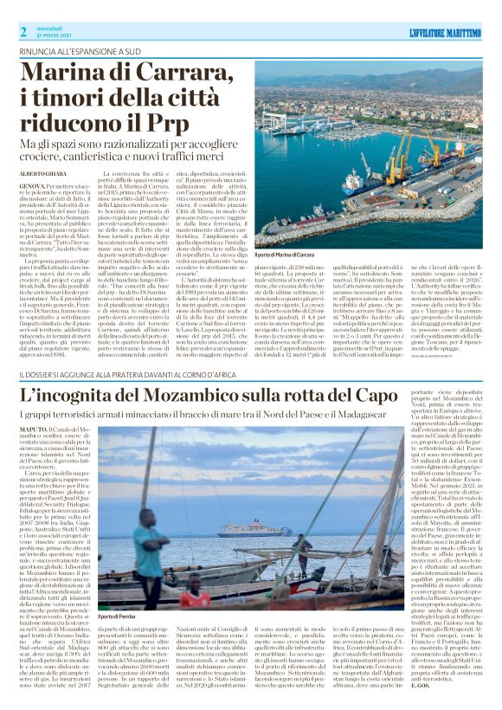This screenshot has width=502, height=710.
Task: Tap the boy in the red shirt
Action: point(196,598)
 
